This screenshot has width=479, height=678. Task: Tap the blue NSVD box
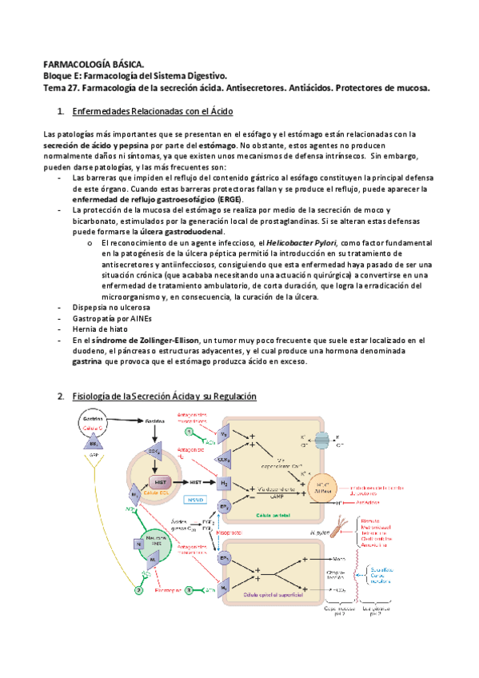[x=194, y=501]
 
